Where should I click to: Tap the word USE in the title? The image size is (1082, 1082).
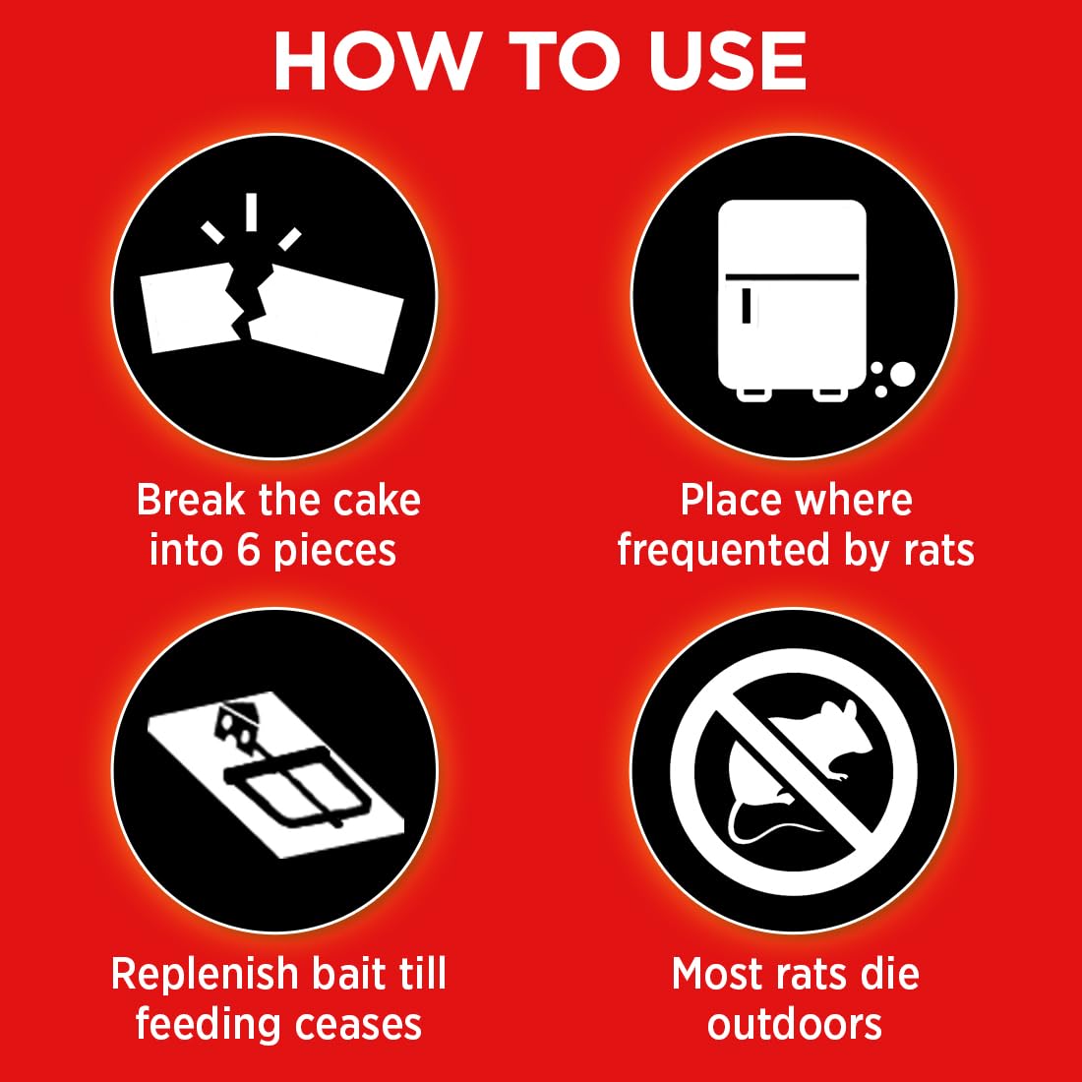pos(720,62)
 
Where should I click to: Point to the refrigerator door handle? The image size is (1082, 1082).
pos(751,305)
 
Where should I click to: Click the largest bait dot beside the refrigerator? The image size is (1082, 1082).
pos(901,374)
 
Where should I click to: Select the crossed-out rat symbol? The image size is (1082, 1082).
pos(793,770)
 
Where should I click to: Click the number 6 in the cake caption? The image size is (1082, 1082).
pos(249,550)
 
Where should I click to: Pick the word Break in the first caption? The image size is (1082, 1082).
pos(190,501)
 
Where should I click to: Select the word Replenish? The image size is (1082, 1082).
pos(204,974)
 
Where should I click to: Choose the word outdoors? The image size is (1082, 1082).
pos(795,1024)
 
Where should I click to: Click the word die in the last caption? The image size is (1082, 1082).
pos(888,974)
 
